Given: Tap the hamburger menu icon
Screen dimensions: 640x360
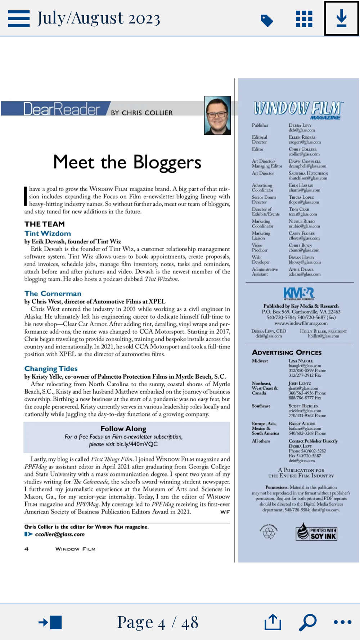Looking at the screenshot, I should (x=19, y=18).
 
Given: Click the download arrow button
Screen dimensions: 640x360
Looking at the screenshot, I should (x=341, y=18).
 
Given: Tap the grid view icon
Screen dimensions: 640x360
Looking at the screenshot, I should (x=304, y=19).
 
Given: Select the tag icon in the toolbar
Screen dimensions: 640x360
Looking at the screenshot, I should (x=266, y=21).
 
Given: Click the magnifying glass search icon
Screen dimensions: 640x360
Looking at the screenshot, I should (x=308, y=622).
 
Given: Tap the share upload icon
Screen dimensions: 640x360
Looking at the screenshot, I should (x=273, y=622).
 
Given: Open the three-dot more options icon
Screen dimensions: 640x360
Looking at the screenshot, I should (x=342, y=622).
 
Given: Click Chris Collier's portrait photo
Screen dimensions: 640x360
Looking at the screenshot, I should (x=217, y=116).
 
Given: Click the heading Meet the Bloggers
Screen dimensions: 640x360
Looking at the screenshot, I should (x=127, y=162).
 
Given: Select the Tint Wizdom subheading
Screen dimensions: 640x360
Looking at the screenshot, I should (x=48, y=234).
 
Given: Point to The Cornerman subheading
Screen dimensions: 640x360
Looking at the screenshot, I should (x=53, y=294).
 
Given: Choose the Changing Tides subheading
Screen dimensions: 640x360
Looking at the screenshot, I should (x=51, y=369).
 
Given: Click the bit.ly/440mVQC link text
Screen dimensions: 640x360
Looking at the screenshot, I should (x=137, y=444).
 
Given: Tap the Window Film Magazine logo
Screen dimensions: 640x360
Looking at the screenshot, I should (x=298, y=109).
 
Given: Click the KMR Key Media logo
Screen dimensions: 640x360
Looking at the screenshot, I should (x=299, y=293).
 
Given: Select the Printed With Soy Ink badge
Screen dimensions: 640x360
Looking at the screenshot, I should (x=316, y=532).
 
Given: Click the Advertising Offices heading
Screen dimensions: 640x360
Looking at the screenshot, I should (x=287, y=353).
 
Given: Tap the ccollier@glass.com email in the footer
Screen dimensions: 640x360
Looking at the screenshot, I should (x=60, y=535).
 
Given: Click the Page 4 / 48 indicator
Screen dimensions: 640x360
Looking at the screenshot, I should (x=158, y=622).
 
